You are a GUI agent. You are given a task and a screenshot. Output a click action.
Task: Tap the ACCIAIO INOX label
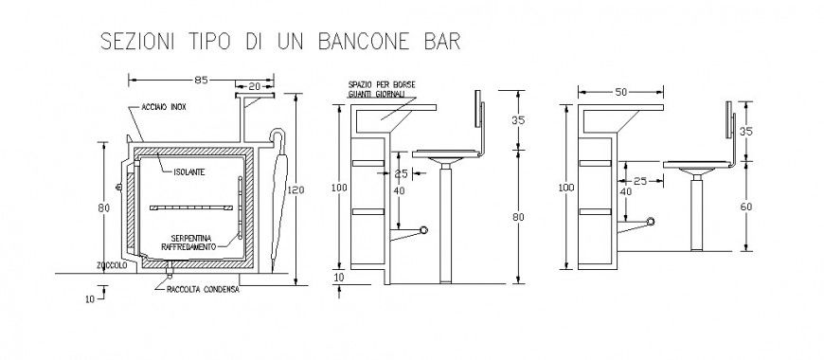(164, 108)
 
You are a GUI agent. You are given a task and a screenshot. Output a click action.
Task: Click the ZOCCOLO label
(112, 266)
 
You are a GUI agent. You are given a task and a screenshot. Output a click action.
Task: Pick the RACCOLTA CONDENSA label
(202, 290)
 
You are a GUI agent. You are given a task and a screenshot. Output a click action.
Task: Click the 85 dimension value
(201, 80)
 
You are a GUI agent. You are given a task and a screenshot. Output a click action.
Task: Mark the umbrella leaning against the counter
(278, 204)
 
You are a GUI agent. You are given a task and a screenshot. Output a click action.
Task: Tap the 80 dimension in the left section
(103, 207)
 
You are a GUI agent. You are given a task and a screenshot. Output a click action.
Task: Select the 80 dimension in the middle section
(517, 217)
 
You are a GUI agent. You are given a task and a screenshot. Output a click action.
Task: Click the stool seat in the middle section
(445, 156)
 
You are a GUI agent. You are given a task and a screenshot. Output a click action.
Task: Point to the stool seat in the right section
(697, 167)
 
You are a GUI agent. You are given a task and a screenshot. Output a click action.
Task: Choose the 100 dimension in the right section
(566, 188)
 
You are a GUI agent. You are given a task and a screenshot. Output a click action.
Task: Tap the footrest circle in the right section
(650, 222)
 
